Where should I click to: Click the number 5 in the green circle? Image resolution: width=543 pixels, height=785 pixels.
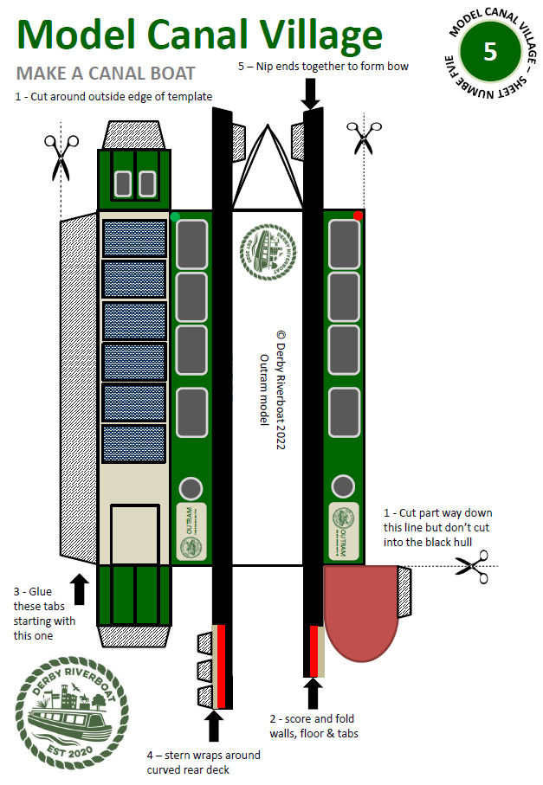(x=489, y=51)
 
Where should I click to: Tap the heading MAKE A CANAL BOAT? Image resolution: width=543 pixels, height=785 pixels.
(x=106, y=73)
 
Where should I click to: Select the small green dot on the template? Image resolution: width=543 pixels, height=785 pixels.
(x=176, y=216)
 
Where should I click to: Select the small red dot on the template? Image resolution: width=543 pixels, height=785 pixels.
(x=358, y=215)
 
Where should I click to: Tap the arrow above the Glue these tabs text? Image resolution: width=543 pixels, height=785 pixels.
(x=80, y=588)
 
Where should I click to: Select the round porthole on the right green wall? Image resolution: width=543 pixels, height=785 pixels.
(x=344, y=486)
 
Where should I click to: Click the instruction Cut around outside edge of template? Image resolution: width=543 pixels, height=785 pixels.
(x=113, y=96)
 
